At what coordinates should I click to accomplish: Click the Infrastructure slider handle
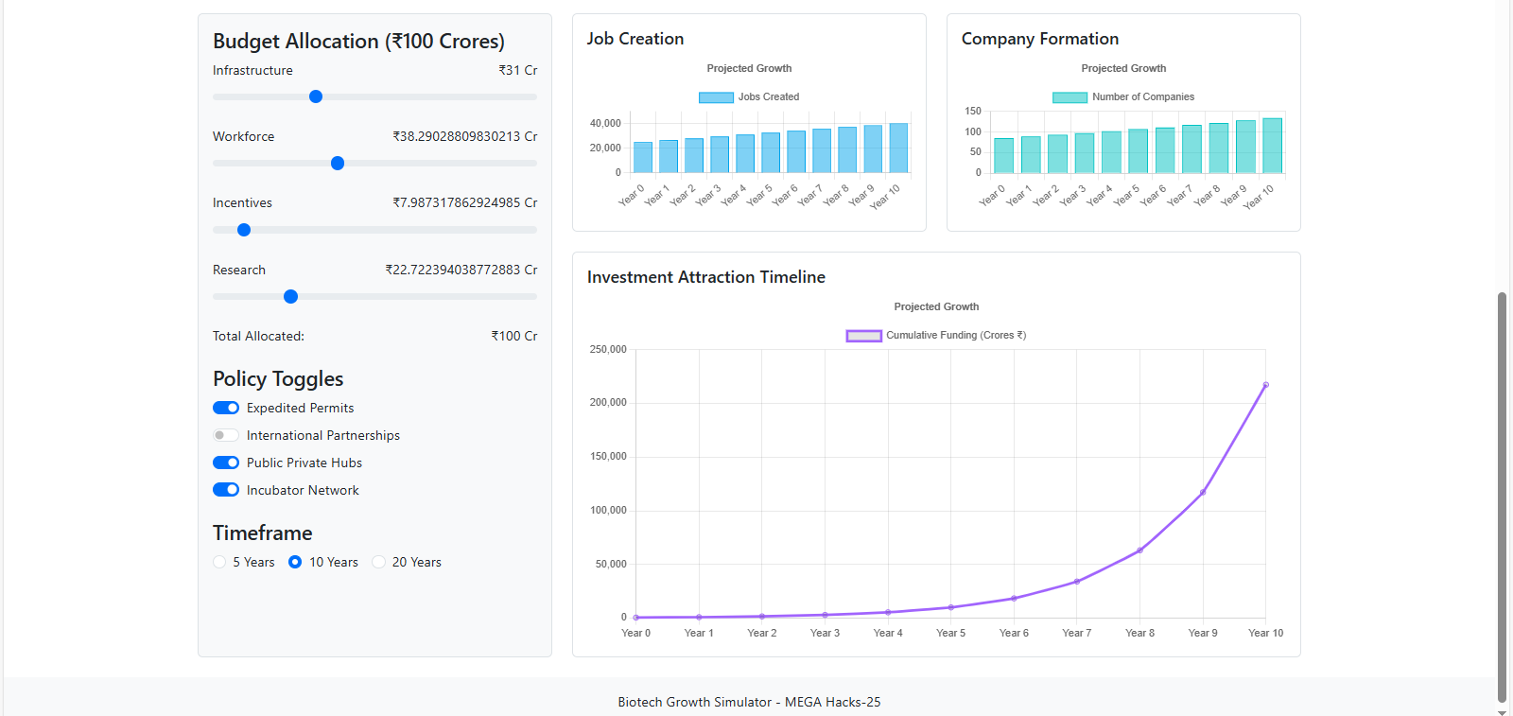coord(316,96)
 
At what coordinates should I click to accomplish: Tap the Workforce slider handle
coord(338,164)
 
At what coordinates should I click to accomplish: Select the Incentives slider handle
coord(244,230)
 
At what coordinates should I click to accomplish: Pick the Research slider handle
coord(291,297)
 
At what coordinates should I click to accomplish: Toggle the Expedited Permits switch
coord(226,408)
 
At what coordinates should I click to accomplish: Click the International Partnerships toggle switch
coord(226,435)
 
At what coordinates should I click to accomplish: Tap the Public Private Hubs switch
coord(226,463)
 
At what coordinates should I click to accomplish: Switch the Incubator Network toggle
coord(226,490)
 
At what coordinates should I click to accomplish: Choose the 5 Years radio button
coord(220,562)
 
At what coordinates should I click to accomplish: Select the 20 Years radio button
coord(379,562)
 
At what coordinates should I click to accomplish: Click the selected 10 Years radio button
coord(295,562)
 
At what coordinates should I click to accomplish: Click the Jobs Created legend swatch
coord(716,97)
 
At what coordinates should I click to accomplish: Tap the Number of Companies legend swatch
coord(1070,97)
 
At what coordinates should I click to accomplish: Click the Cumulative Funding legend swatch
coord(863,336)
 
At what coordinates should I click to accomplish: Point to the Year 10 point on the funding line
coord(1265,385)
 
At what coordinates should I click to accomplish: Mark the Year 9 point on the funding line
coord(1203,492)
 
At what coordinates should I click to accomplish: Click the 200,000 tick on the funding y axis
coord(608,403)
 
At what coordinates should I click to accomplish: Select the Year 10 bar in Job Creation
coord(898,148)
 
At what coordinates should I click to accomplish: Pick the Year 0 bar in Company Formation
coord(1003,156)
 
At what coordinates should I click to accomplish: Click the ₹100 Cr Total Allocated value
coord(514,336)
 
